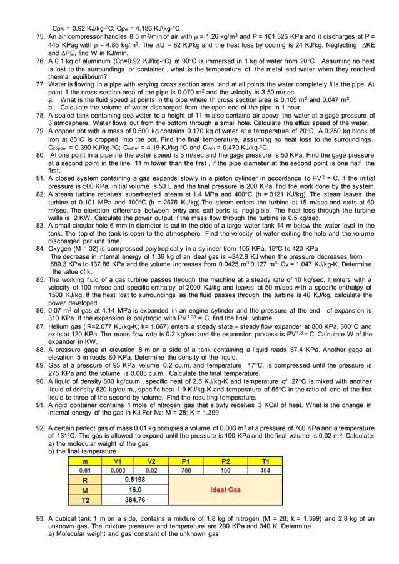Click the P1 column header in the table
click(186, 461)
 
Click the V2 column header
click(151, 461)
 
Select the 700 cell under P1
click(186, 470)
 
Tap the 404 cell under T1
click(265, 470)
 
